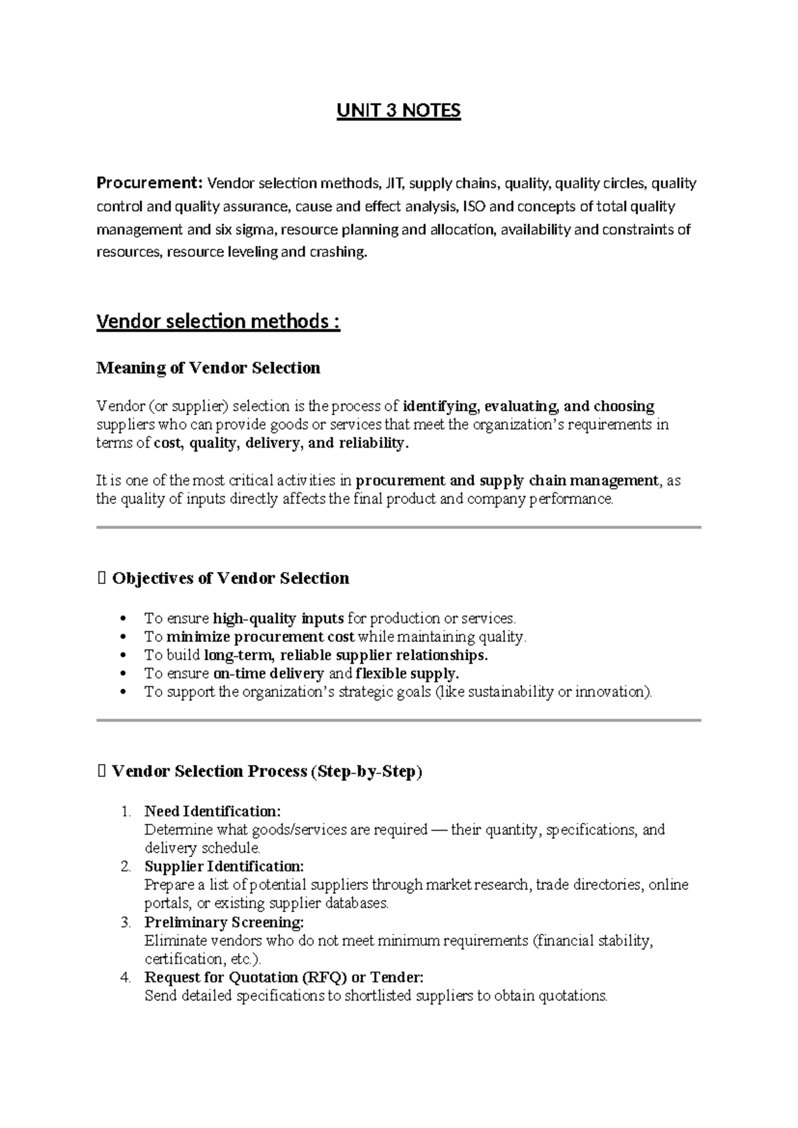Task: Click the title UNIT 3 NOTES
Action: [x=398, y=110]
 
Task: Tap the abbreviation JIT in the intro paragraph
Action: [x=395, y=184]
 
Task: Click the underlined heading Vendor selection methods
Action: [x=217, y=322]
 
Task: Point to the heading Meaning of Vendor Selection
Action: [x=208, y=368]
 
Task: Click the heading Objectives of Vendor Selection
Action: [x=230, y=579]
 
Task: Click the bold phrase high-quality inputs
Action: [x=278, y=619]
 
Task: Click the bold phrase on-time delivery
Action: [x=269, y=674]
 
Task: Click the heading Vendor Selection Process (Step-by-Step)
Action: [x=267, y=772]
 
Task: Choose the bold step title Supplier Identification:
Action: [x=224, y=867]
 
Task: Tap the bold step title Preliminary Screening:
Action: [x=224, y=922]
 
